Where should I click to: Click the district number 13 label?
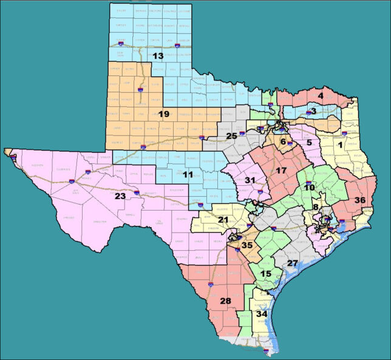[158, 56]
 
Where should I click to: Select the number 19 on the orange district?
[163, 114]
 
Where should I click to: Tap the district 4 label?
[321, 95]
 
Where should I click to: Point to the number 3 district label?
[313, 111]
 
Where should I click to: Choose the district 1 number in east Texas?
[340, 146]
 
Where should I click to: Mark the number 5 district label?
[309, 143]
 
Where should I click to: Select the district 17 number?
[281, 171]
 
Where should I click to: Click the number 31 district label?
[250, 180]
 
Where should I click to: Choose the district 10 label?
[309, 188]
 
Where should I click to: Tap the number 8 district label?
[316, 207]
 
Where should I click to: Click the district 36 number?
[360, 200]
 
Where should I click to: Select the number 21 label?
[223, 219]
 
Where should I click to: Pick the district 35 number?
[246, 245]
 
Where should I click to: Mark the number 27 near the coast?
[293, 263]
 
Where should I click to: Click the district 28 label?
[225, 302]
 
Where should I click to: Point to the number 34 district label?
[262, 314]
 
